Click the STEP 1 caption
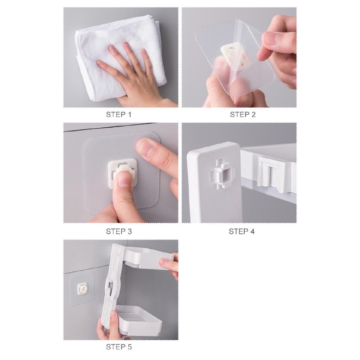[x=118, y=115]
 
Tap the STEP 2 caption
[x=243, y=115]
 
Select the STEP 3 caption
[x=118, y=231]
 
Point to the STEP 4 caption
[x=242, y=231]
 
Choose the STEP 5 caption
[x=118, y=347]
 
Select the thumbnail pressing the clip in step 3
[x=124, y=180]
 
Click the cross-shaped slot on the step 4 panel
[x=219, y=174]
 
